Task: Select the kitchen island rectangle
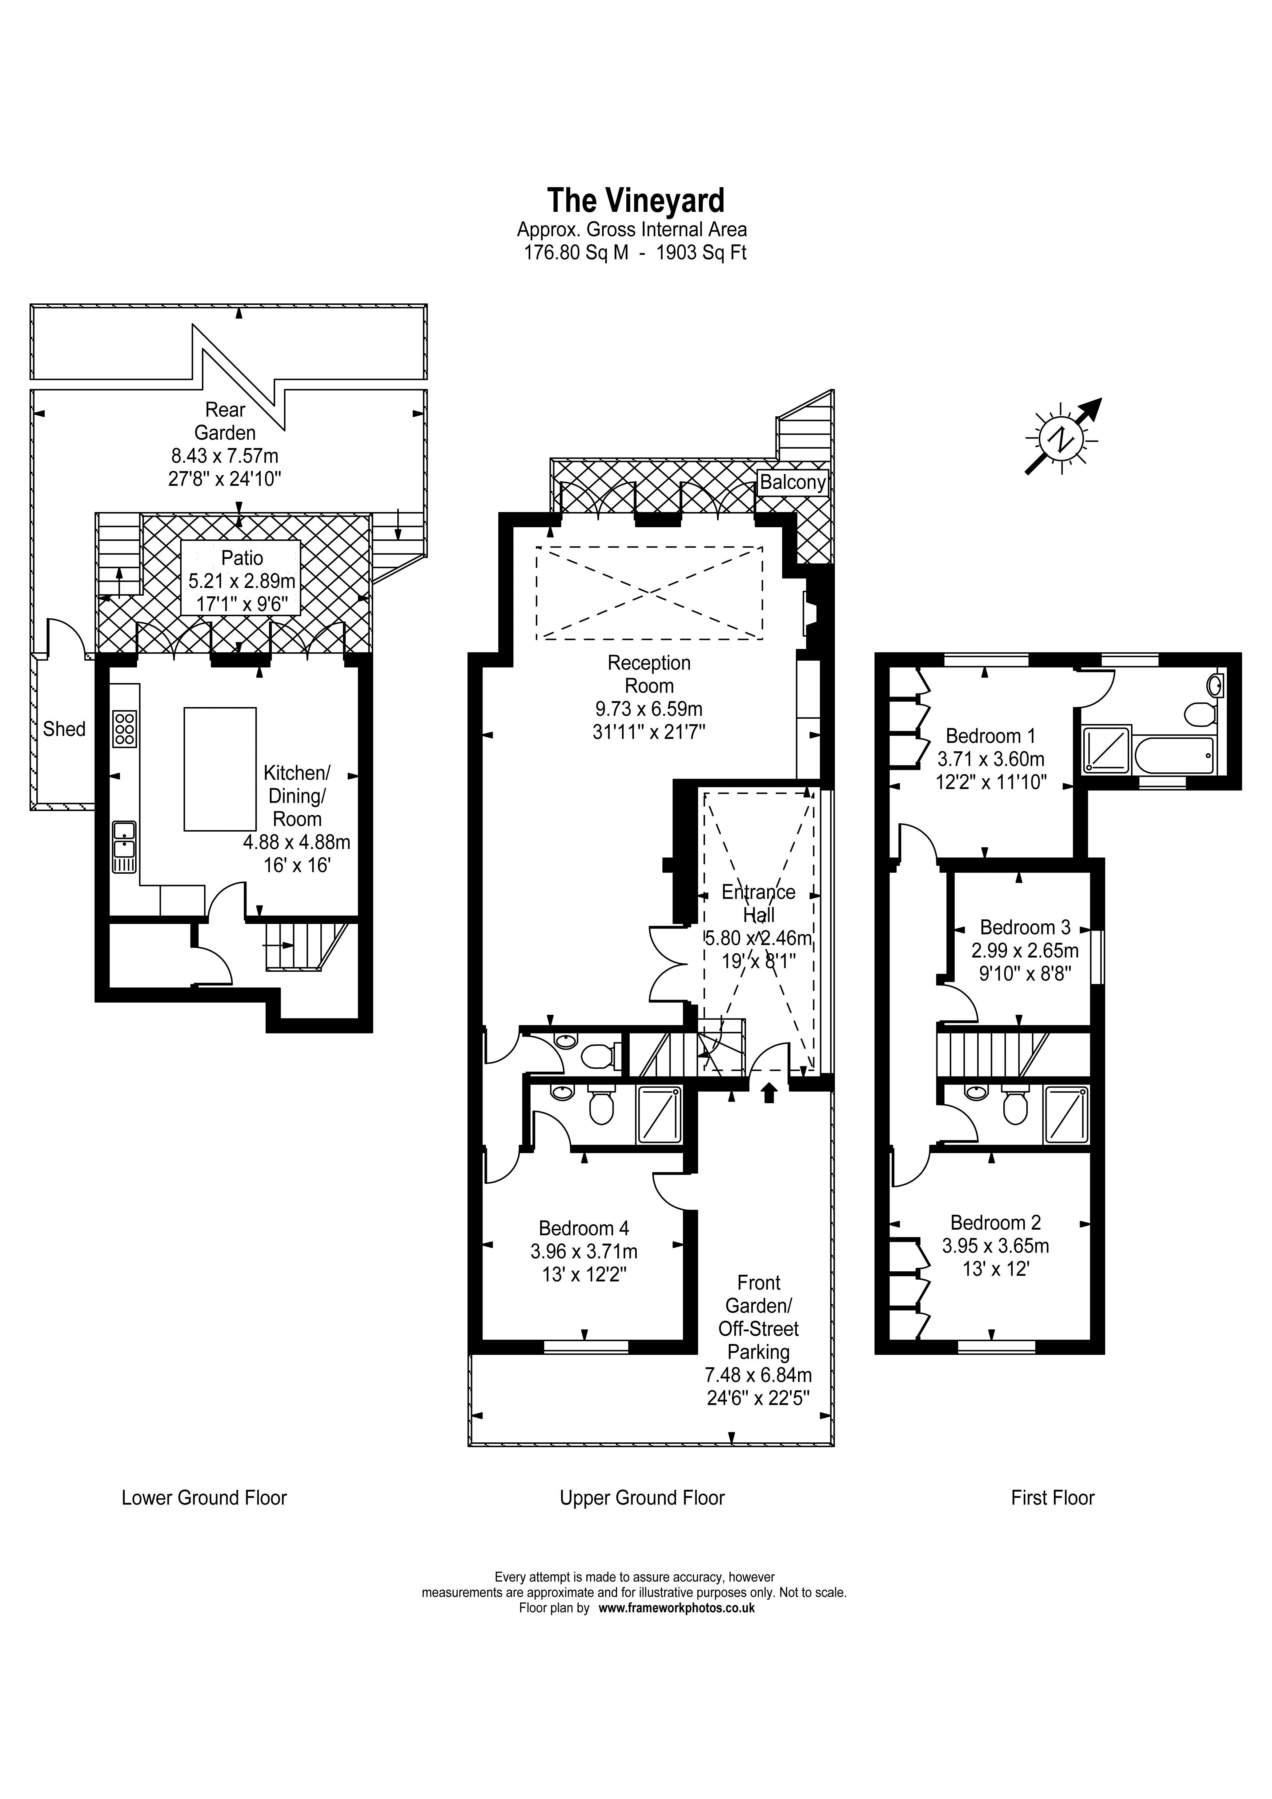point(220,769)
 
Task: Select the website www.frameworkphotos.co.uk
point(676,1608)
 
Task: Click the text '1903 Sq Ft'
point(701,253)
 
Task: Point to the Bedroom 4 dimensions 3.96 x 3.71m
point(584,1252)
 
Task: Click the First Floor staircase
point(991,1055)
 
